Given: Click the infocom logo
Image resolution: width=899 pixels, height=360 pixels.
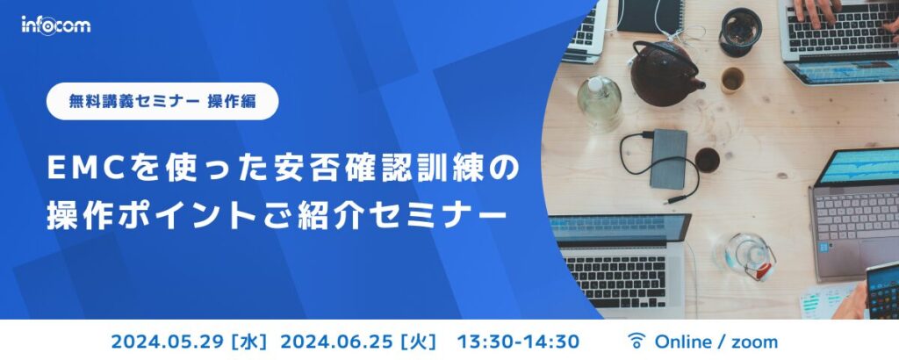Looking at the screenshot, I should coord(55,25).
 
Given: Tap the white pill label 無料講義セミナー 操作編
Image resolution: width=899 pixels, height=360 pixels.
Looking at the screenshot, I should coord(162,101).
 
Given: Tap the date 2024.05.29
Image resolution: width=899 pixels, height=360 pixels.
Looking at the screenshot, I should coord(166,341).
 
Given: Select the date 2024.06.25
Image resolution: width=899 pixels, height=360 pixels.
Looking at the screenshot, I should coord(336,341).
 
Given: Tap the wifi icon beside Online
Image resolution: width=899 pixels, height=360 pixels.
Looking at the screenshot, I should coord(637,341).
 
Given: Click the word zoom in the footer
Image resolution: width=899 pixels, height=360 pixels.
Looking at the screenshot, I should coord(756,341).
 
